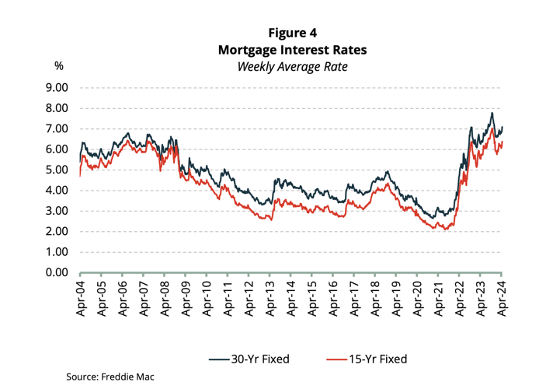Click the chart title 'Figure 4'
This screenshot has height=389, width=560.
tap(292, 32)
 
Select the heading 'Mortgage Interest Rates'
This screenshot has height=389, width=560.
tap(292, 49)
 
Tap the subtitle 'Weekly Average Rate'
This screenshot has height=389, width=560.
tap(292, 66)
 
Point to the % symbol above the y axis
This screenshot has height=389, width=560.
tap(58, 66)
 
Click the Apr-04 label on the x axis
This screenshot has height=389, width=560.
tap(80, 300)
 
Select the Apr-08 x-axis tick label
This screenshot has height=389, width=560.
tap(164, 300)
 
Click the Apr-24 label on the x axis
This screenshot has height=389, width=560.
tap(501, 300)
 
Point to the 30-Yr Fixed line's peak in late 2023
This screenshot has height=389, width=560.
tap(491, 114)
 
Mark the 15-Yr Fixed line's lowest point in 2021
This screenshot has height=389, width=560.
tap(444, 229)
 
